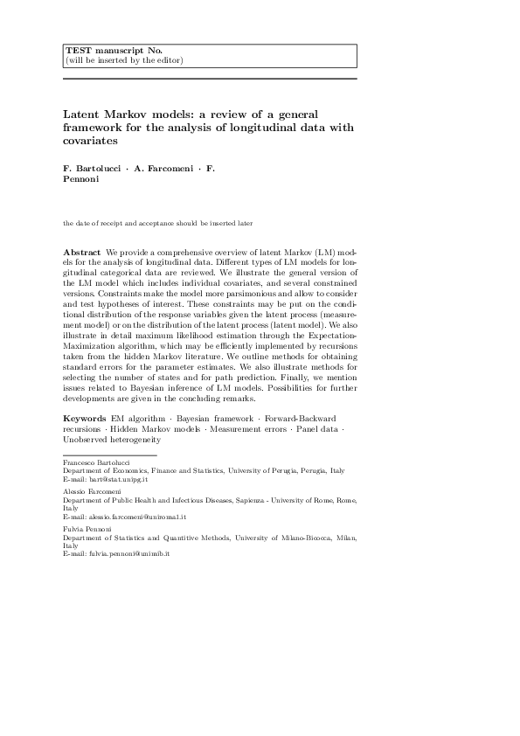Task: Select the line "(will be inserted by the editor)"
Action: click(124, 60)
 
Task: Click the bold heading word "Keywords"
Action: click(85, 420)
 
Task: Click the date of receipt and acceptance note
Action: click(157, 223)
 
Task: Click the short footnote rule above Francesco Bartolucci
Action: click(110, 455)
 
